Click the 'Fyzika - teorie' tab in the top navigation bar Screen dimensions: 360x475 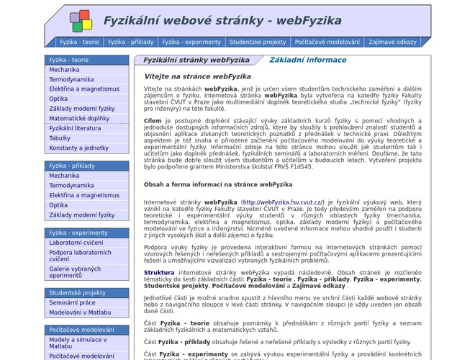pyautogui.click(x=79, y=42)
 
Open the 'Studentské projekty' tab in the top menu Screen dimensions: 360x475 pyautogui.click(x=258, y=42)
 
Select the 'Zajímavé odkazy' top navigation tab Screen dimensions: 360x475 pyautogui.click(x=392, y=42)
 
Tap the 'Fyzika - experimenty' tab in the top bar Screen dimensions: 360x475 pyautogui.click(x=191, y=42)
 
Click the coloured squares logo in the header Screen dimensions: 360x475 pyautogui.click(x=81, y=20)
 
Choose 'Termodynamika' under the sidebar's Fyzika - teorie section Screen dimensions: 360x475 pyautogui.click(x=71, y=80)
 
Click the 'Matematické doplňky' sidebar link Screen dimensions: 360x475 pyautogui.click(x=79, y=118)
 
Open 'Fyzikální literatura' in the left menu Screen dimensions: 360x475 pyautogui.click(x=75, y=128)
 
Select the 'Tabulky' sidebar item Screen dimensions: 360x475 pyautogui.click(x=60, y=138)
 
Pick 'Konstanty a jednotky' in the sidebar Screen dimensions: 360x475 pyautogui.click(x=78, y=148)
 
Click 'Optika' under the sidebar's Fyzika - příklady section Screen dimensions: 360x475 pyautogui.click(x=58, y=205)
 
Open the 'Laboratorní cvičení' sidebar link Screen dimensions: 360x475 pyautogui.click(x=76, y=243)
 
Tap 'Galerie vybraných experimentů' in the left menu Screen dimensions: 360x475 pyautogui.click(x=76, y=272)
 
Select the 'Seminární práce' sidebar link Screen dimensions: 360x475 pyautogui.click(x=73, y=302)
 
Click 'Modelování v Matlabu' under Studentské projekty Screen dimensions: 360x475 pyautogui.click(x=80, y=312)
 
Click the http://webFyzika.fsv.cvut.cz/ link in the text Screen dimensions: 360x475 pyautogui.click(x=283, y=203)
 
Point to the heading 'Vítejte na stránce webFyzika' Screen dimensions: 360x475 pyautogui.click(x=197, y=76)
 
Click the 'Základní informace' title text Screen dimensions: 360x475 pyautogui.click(x=307, y=60)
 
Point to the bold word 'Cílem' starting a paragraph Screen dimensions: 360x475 pyautogui.click(x=153, y=121)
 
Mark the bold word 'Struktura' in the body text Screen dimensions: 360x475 pyautogui.click(x=159, y=273)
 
